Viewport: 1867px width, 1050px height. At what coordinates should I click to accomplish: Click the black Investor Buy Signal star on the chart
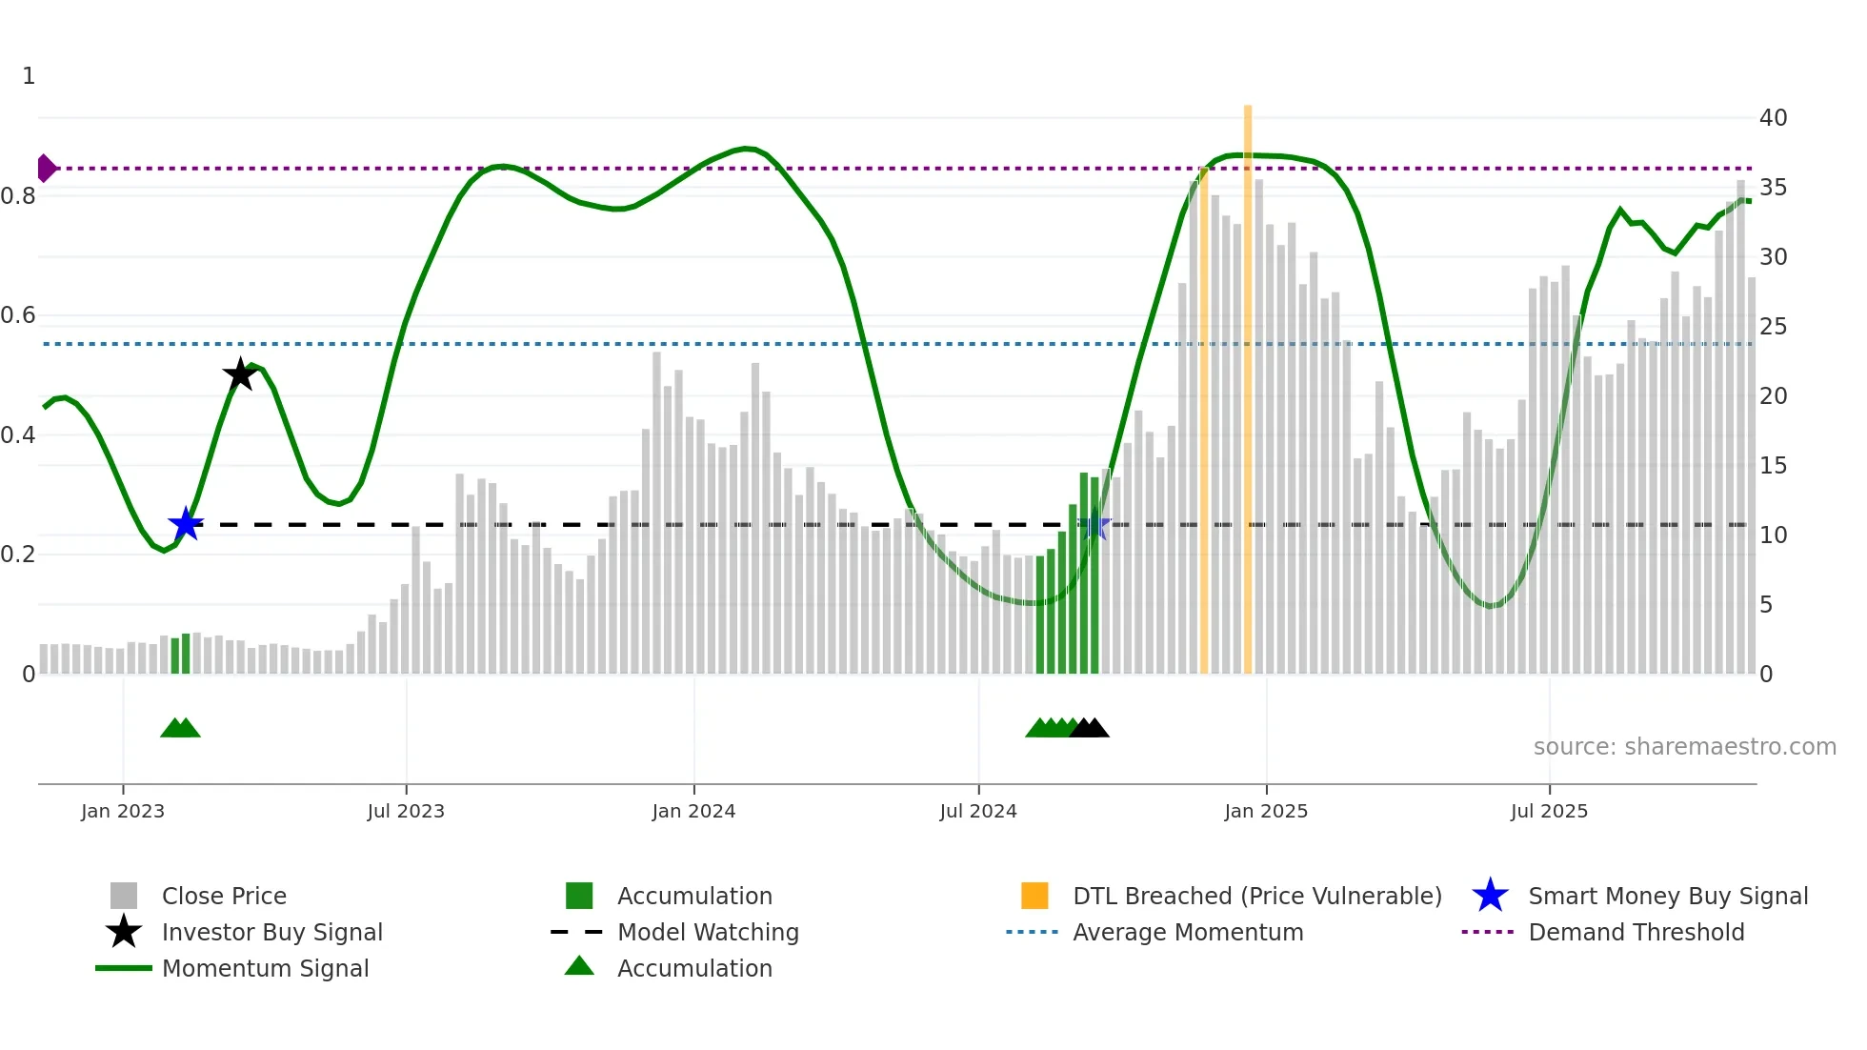(240, 374)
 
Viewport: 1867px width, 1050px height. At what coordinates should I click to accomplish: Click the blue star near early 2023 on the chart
(186, 524)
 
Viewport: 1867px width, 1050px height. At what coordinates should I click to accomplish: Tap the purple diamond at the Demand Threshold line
(46, 168)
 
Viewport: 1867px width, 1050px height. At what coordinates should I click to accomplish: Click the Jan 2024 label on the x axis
(693, 811)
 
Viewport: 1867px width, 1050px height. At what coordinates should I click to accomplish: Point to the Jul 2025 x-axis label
(1549, 811)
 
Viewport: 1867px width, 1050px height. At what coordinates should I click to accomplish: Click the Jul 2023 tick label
(406, 811)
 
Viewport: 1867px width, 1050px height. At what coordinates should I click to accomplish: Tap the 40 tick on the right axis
(1773, 118)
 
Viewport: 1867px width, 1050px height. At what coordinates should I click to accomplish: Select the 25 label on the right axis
(1773, 327)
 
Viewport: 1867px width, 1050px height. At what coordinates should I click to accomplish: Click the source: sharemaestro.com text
(1684, 747)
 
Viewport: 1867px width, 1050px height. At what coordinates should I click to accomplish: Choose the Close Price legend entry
(224, 896)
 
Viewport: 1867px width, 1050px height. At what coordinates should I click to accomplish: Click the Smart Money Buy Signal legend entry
(1668, 896)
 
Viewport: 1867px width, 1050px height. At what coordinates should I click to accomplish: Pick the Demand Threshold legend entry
(1636, 932)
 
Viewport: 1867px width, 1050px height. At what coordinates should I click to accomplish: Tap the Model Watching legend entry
(708, 932)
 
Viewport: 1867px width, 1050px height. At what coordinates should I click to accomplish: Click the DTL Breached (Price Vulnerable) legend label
(1256, 896)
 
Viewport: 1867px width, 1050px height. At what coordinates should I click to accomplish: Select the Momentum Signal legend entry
(265, 968)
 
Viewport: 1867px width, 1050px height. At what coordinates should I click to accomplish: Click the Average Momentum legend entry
(1188, 932)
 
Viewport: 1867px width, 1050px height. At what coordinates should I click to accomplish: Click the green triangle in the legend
(579, 966)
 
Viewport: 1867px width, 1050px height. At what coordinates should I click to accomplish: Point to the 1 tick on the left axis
(29, 76)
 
